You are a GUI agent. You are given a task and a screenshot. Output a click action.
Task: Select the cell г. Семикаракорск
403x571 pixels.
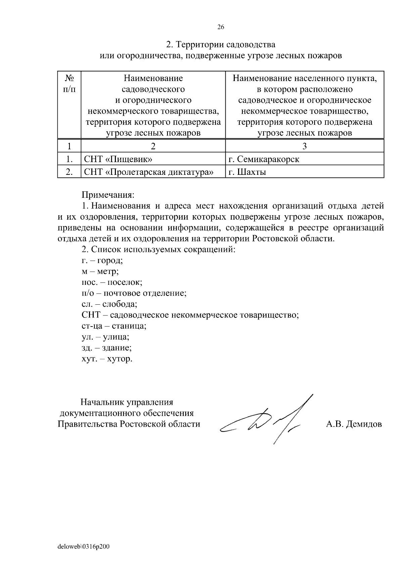[264, 159]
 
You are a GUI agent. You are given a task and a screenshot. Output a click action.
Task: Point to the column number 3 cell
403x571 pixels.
[304, 146]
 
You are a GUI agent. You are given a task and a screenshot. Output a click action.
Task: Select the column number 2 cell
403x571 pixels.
[153, 146]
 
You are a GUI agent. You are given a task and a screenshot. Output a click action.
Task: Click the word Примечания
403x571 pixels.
[108, 195]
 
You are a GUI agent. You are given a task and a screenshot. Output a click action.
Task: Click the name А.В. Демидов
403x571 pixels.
[354, 424]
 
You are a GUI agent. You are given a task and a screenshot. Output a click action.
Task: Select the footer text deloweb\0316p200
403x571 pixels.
[84, 547]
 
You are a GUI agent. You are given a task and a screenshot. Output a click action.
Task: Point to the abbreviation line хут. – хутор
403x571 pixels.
[107, 359]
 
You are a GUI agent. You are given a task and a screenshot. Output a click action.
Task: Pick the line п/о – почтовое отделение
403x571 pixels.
[134, 293]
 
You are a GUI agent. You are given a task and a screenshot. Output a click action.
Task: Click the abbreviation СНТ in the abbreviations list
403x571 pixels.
[91, 315]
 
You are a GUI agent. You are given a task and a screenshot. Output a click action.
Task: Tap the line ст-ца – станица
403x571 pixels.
[114, 326]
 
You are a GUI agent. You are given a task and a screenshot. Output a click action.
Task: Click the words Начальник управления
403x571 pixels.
[127, 402]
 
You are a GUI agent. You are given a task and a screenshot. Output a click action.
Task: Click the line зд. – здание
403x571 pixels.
[106, 348]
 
